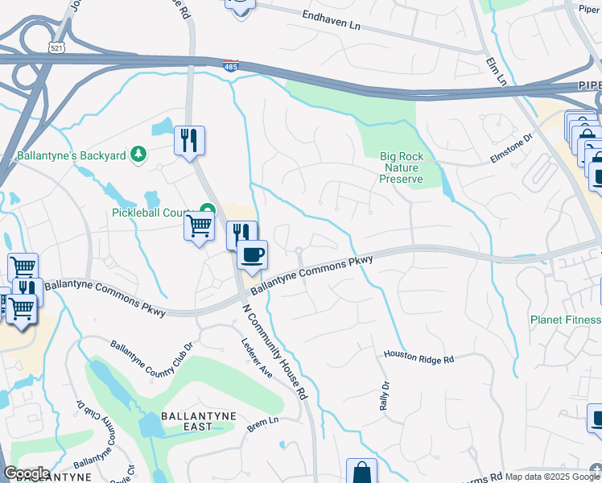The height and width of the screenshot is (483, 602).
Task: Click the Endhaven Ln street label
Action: [332, 19]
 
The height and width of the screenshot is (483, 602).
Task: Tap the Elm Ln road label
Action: [497, 71]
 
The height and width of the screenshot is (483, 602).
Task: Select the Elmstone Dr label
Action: [512, 149]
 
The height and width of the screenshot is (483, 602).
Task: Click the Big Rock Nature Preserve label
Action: [402, 167]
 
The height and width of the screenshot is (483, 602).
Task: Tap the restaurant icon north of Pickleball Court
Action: [190, 141]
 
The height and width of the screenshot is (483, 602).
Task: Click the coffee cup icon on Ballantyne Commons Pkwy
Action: [252, 255]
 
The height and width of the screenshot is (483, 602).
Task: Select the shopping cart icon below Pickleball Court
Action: [199, 225]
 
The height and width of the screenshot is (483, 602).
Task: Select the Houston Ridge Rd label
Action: [419, 357]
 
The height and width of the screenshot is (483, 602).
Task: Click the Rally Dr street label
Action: [383, 392]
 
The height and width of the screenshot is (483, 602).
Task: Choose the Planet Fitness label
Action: [565, 320]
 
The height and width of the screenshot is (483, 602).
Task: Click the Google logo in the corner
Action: [26, 473]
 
